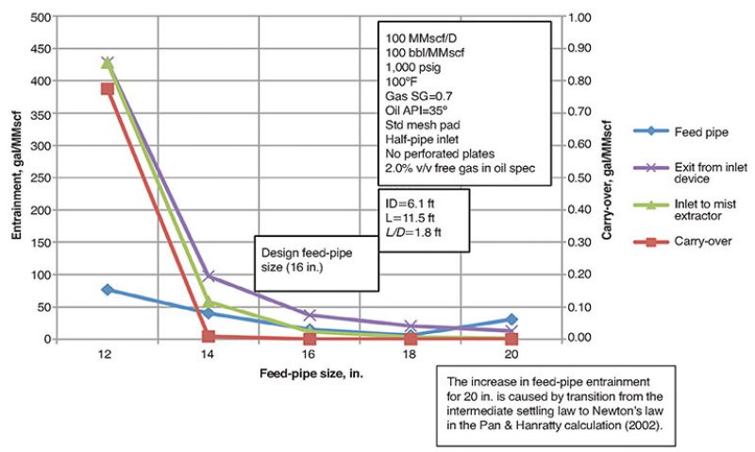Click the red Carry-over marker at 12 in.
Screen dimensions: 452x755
107,89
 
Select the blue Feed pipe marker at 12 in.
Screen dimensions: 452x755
107,290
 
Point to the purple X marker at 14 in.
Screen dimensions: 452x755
209,276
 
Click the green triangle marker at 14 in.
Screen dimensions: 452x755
209,303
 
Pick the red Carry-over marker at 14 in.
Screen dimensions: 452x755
209,336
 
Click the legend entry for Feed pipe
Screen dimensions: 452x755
673,132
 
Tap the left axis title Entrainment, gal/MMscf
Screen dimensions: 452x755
16,177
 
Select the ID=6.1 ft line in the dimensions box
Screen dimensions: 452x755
412,202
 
